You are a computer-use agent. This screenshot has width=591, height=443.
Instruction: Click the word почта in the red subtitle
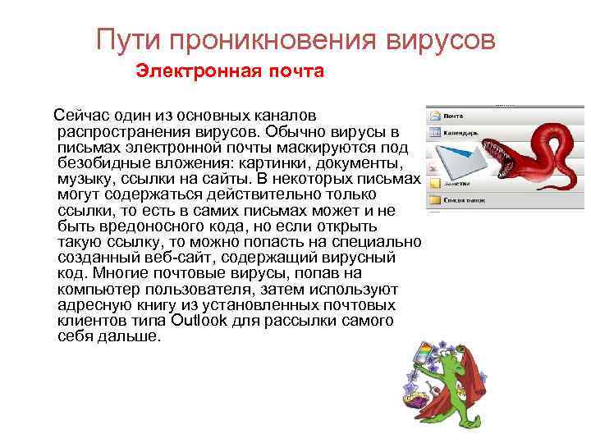point(291,71)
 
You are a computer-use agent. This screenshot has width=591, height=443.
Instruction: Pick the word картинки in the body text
point(266,163)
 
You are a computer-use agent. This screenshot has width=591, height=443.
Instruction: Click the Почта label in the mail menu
point(454,116)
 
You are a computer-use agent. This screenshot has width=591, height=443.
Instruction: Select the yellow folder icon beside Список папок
point(433,200)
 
